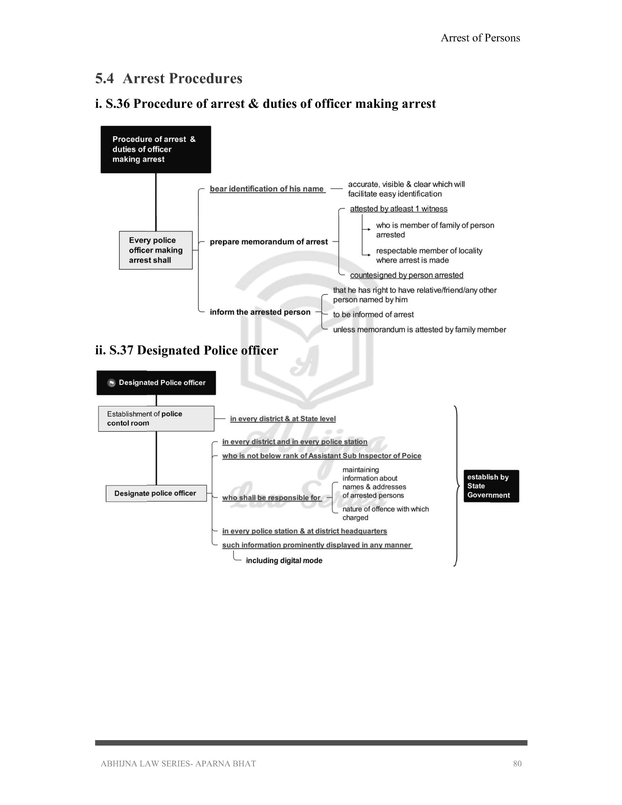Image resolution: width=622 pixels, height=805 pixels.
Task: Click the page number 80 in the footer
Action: point(517,764)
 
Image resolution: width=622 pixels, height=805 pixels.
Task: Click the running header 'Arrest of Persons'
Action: point(480,38)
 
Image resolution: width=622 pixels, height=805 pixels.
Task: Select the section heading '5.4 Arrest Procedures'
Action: point(168,79)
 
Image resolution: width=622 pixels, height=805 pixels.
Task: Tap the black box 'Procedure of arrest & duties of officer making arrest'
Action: point(156,149)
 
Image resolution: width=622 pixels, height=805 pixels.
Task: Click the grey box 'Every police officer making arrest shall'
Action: point(156,250)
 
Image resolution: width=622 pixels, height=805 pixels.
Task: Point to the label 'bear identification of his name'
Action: point(267,189)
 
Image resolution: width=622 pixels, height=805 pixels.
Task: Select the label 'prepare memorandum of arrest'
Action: point(269,242)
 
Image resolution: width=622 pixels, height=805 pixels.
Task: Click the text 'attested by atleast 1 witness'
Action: point(399,209)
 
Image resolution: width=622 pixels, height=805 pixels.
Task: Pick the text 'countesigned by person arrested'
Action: point(406,275)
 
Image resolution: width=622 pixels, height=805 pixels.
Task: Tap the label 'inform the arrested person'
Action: point(260,312)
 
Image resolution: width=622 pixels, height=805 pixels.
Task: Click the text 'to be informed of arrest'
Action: point(373,315)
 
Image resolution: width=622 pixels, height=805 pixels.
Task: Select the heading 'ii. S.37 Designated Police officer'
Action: point(186,350)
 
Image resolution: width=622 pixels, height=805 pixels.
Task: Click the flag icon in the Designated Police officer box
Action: point(111,383)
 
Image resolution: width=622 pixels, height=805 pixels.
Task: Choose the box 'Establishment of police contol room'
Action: point(156,419)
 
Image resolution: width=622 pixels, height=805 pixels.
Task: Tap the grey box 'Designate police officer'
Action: point(156,493)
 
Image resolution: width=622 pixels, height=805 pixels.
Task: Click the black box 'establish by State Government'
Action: point(491,486)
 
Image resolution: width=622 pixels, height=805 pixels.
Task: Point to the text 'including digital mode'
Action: point(284,561)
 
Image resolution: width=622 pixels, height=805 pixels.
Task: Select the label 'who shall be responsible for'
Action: point(271,498)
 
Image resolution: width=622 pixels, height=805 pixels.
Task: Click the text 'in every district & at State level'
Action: point(283,419)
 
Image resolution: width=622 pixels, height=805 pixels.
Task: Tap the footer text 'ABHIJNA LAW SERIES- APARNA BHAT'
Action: point(178,764)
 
